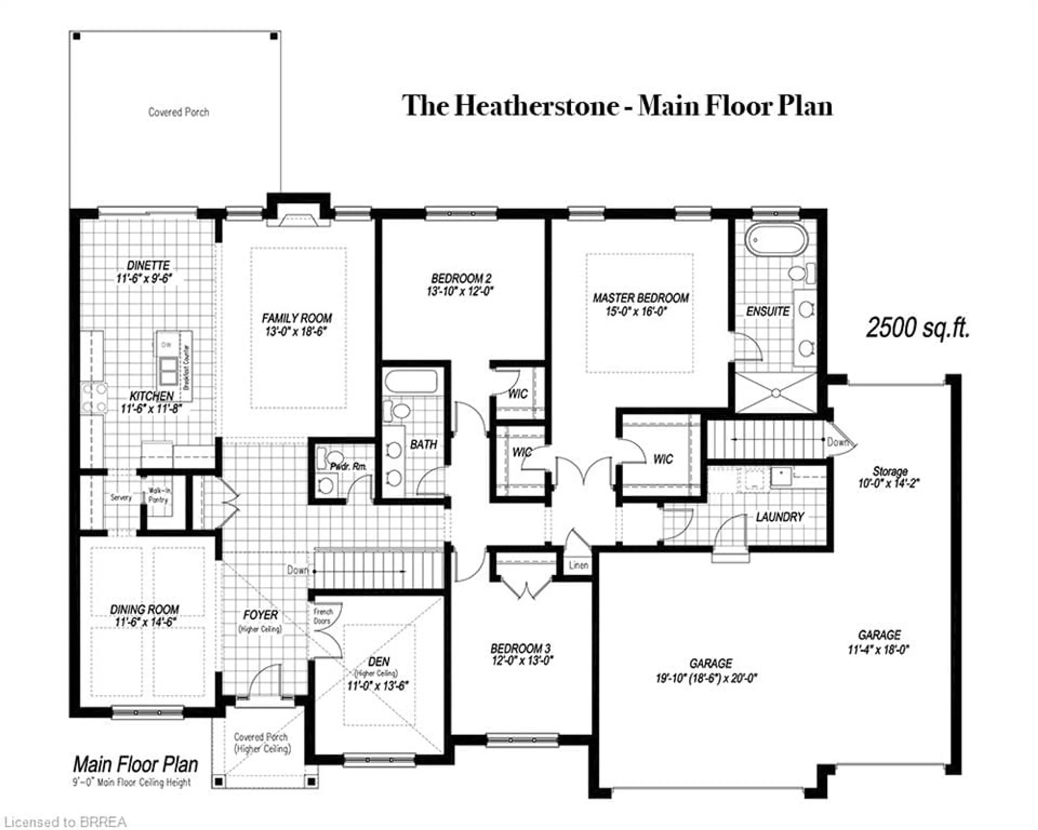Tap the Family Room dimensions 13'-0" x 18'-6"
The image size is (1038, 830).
(296, 332)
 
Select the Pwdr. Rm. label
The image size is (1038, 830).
(348, 466)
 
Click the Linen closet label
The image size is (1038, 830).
(578, 565)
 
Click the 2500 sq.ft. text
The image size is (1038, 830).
(918, 328)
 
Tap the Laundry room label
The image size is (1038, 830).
(780, 517)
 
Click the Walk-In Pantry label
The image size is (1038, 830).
(158, 495)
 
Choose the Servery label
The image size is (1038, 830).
(121, 497)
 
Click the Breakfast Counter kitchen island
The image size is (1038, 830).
(174, 366)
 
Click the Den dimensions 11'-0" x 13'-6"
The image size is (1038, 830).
(378, 686)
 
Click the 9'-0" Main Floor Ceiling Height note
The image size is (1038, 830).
(132, 783)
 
